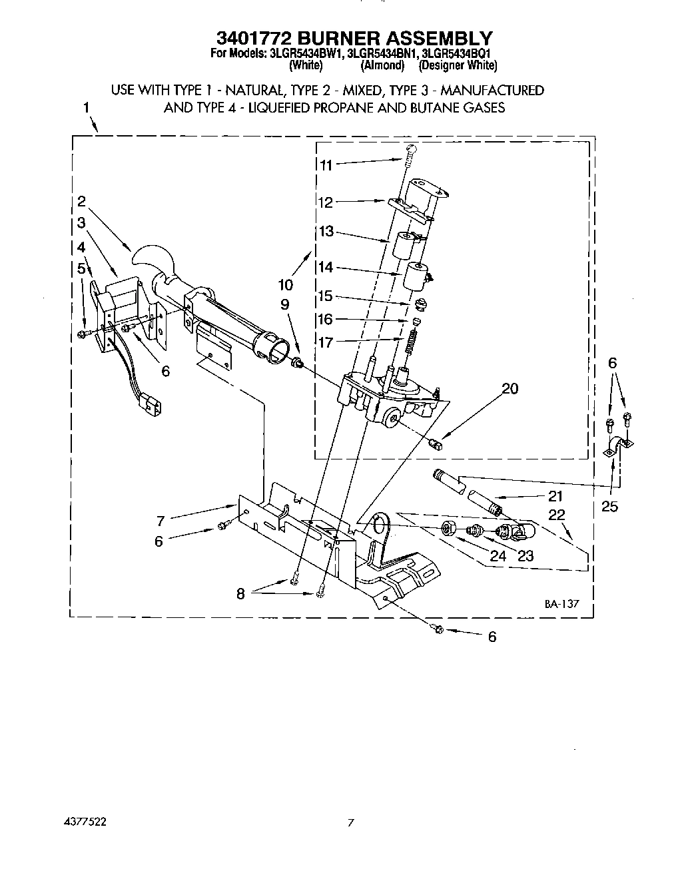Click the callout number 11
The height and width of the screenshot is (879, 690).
[326, 165]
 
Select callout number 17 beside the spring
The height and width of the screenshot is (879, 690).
[326, 343]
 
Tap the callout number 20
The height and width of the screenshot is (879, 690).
[510, 388]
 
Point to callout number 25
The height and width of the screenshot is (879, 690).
[609, 507]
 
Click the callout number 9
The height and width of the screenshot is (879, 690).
[285, 304]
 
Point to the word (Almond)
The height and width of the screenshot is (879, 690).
[382, 65]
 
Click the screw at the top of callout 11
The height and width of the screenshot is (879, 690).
[411, 150]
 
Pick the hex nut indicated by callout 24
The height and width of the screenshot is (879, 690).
[448, 529]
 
